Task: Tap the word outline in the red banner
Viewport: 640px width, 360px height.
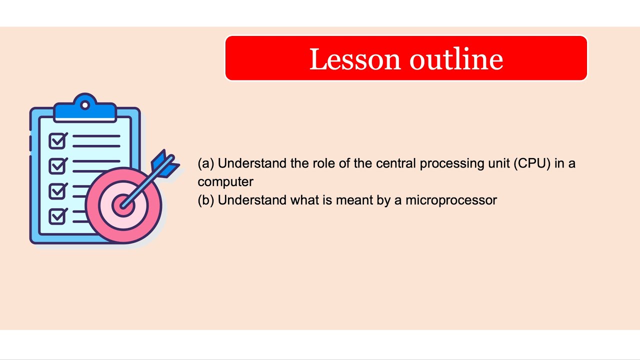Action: click(x=456, y=59)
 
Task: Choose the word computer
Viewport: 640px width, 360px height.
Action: click(x=225, y=181)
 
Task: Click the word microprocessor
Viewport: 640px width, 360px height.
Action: click(x=451, y=200)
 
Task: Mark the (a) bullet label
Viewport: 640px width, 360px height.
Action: click(x=205, y=163)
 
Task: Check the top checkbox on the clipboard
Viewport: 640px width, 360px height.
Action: click(x=57, y=141)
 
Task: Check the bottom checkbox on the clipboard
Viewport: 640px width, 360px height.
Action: click(x=57, y=216)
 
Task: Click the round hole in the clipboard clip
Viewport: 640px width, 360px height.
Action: click(x=85, y=105)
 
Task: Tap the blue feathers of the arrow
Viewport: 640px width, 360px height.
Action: click(x=165, y=162)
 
